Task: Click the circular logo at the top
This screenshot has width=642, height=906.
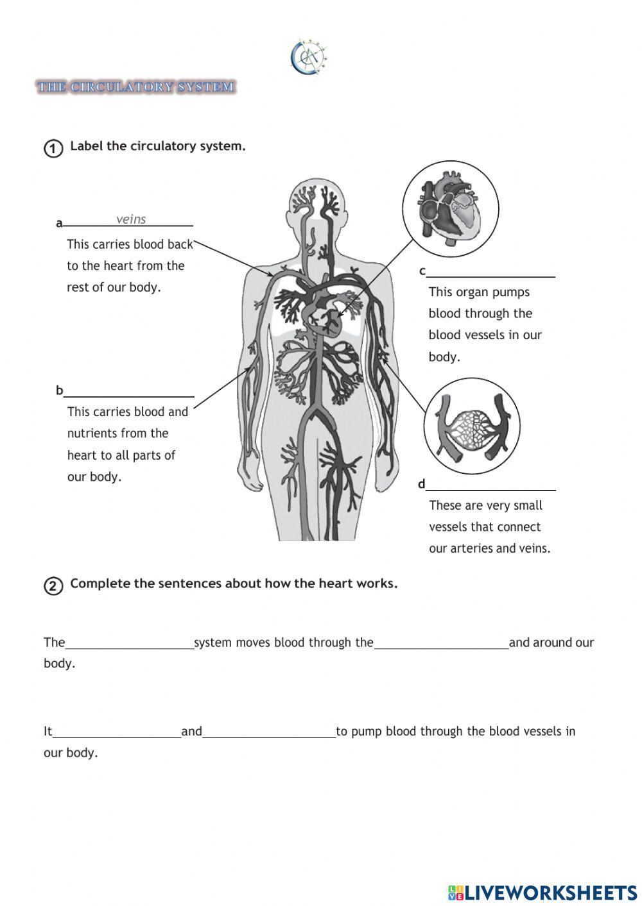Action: coord(309,57)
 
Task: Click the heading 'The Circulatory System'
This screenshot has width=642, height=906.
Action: coord(136,87)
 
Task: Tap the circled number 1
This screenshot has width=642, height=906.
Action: coord(53,148)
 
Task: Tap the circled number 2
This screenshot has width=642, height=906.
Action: coord(53,586)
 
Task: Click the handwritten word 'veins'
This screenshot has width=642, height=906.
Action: coord(131,219)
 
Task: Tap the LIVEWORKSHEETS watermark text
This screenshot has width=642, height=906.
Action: coord(550,893)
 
